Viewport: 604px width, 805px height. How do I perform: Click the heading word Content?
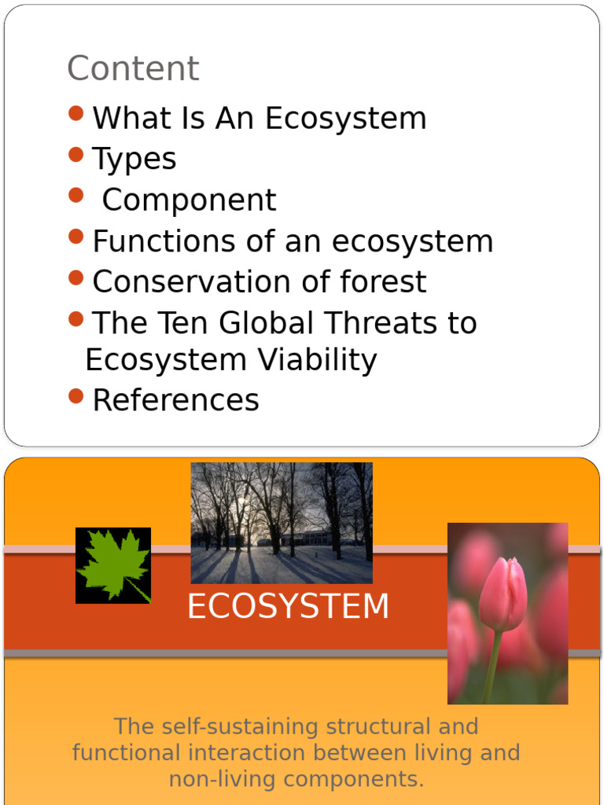(133, 68)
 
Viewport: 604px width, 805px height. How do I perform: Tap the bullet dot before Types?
(75, 155)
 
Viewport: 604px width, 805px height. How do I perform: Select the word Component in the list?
(189, 200)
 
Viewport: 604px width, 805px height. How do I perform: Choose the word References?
(175, 401)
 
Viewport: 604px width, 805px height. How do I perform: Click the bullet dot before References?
(75, 396)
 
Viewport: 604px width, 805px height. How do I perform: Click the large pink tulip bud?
(503, 593)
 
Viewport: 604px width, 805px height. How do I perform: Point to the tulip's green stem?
(492, 668)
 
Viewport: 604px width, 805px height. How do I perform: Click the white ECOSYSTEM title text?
(288, 607)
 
